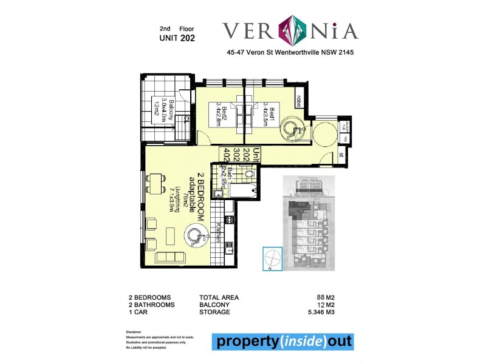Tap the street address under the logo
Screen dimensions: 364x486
tap(289, 53)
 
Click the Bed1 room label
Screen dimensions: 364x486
tap(269, 111)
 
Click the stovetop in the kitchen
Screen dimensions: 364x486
tap(230, 220)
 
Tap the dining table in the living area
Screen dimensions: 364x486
tap(156, 181)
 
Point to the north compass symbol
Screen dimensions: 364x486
tap(272, 259)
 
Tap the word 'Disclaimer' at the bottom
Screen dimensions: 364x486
tap(134, 332)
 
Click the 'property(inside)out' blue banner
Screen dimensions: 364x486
tap(282, 342)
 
